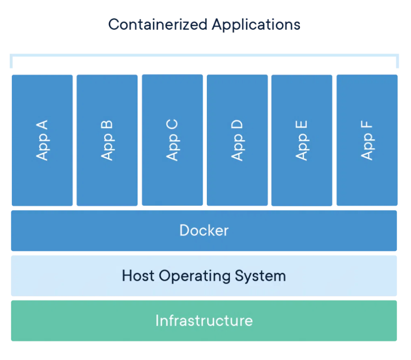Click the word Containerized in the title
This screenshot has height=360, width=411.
[158, 24]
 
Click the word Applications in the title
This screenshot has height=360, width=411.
[256, 25]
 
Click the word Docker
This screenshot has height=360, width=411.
[204, 230]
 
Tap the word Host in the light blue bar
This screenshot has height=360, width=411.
[138, 276]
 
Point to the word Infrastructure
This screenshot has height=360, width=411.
[204, 320]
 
